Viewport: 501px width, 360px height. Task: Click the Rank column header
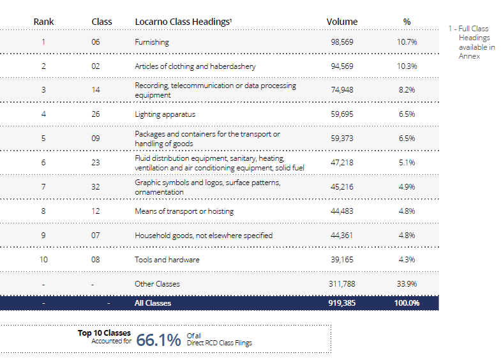pyautogui.click(x=43, y=22)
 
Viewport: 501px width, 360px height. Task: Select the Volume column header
pyautogui.click(x=342, y=22)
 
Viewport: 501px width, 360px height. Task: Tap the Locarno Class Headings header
pyautogui.click(x=183, y=22)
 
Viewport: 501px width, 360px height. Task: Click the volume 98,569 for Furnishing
pyautogui.click(x=342, y=42)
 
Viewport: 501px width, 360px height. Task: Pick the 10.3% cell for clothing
pyautogui.click(x=407, y=66)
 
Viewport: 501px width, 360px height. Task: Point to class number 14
pyautogui.click(x=96, y=90)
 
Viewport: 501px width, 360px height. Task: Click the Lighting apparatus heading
pyautogui.click(x=165, y=114)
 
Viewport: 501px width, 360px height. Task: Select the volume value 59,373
pyautogui.click(x=342, y=139)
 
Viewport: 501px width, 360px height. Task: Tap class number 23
pyautogui.click(x=96, y=163)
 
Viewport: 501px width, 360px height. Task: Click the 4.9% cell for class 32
pyautogui.click(x=407, y=187)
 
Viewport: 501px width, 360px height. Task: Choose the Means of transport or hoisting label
pyautogui.click(x=184, y=211)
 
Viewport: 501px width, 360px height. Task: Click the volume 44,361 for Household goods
pyautogui.click(x=342, y=236)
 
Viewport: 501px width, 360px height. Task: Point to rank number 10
pyautogui.click(x=43, y=259)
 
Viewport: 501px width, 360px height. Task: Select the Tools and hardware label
pyautogui.click(x=167, y=260)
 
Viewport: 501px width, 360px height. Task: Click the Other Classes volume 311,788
pyautogui.click(x=342, y=283)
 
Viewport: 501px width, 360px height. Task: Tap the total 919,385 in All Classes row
pyautogui.click(x=342, y=303)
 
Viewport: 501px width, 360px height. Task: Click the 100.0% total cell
pyautogui.click(x=407, y=303)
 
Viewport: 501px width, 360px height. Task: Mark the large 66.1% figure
pyautogui.click(x=158, y=340)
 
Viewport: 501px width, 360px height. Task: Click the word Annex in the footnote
pyautogui.click(x=469, y=56)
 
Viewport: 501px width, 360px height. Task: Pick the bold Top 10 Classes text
pyautogui.click(x=104, y=333)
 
